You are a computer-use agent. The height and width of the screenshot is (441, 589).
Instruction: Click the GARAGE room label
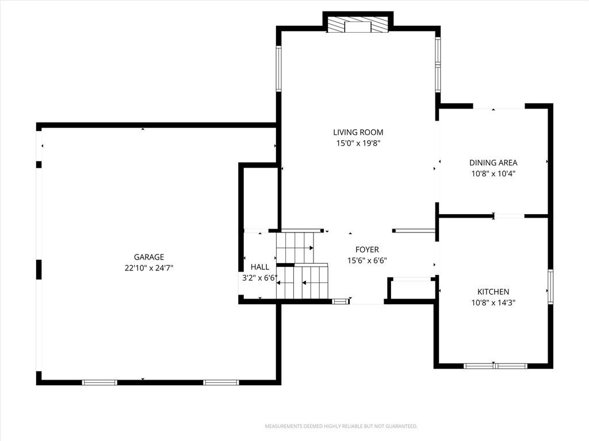coord(149,257)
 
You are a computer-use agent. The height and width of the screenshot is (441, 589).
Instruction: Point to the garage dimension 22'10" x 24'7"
coord(149,268)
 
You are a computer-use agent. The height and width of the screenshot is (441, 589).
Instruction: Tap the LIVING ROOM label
coord(358,132)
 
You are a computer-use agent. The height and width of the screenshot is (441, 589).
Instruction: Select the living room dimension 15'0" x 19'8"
coord(358,143)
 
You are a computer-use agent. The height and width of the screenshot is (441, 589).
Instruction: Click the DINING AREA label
coord(493,163)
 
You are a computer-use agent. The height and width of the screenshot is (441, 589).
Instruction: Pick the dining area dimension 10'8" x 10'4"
coord(493,173)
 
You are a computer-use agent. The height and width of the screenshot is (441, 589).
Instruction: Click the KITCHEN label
coord(493,292)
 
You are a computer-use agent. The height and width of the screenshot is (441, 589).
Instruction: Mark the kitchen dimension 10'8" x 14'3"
coord(493,302)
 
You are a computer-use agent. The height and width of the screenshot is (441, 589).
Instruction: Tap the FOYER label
coord(367,249)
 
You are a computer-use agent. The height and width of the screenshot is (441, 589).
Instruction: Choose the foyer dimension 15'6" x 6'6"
coord(367,260)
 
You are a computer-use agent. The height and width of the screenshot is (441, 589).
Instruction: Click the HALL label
coord(260,267)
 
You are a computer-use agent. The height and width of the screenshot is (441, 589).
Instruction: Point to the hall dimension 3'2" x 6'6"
coord(260,278)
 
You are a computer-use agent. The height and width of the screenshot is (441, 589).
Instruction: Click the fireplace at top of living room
coord(358,25)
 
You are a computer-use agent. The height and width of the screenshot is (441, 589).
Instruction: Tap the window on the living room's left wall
coord(278,68)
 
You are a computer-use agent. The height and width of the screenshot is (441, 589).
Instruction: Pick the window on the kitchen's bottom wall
coord(495,365)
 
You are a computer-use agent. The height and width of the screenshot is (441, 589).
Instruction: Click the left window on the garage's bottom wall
coord(100,382)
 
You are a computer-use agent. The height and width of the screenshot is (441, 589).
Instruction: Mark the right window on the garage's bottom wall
coord(221,382)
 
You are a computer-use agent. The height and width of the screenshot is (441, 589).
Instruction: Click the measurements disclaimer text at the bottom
coord(341,426)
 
